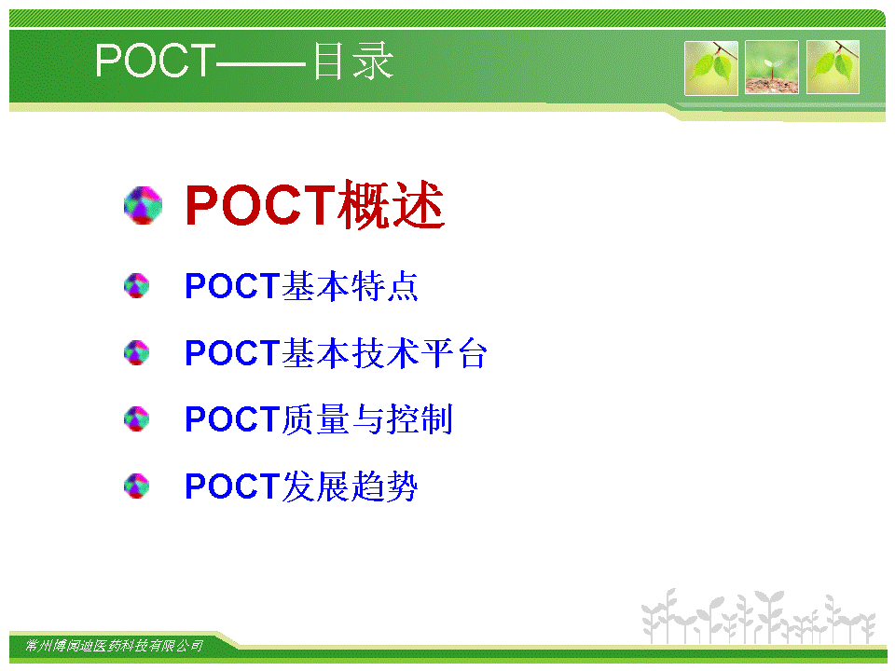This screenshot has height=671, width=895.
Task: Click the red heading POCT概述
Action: point(315,204)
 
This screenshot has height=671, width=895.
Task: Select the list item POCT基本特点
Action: point(302,286)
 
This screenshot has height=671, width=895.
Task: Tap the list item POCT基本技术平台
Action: point(337,352)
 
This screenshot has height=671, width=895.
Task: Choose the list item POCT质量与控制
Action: point(319,419)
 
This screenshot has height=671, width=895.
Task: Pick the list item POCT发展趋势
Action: point(302,486)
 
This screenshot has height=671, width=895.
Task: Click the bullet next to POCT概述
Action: point(143,205)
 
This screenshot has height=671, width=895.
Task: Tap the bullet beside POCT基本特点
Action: point(136,286)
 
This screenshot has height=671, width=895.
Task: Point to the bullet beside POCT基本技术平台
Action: point(136,352)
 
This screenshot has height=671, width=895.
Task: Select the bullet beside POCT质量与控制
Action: point(136,419)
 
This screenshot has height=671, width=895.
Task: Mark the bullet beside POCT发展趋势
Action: point(136,486)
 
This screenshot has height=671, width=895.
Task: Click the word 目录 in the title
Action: point(353,61)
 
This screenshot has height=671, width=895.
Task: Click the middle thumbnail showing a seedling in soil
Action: point(772,67)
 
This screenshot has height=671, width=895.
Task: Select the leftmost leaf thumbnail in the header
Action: point(711,67)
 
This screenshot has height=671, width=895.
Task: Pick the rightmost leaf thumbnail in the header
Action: point(833,67)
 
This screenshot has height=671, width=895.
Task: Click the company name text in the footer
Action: point(114,646)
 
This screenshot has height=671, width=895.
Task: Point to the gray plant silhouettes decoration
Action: point(758,616)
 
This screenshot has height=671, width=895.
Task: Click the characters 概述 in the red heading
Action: point(391,204)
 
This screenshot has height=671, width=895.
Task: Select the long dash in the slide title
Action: point(262,62)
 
